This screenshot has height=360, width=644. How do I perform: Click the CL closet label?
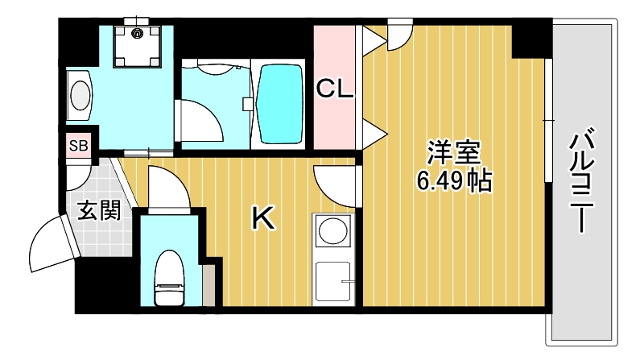point(334,89)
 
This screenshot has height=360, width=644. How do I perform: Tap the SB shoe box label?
point(79,146)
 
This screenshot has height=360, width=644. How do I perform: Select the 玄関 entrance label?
point(100,210)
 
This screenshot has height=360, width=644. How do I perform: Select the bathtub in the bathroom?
point(280,94)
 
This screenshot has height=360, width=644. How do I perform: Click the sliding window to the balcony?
point(548,121)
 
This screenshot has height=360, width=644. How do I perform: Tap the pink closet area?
point(334,121)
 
